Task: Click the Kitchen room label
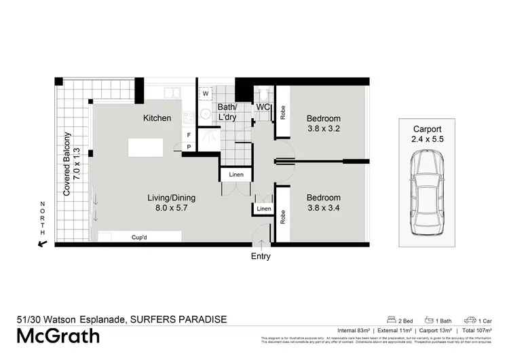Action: tap(157, 118)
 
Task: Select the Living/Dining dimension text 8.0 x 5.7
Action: tap(172, 209)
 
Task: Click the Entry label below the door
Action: tap(261, 256)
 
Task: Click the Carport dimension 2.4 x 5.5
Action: tap(427, 139)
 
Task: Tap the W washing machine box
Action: tap(205, 94)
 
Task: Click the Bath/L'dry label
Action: tap(227, 113)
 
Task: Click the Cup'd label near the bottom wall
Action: tap(141, 237)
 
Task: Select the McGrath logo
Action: tap(58, 336)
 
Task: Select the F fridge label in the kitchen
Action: tap(189, 135)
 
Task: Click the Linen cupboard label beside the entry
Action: tap(263, 208)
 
